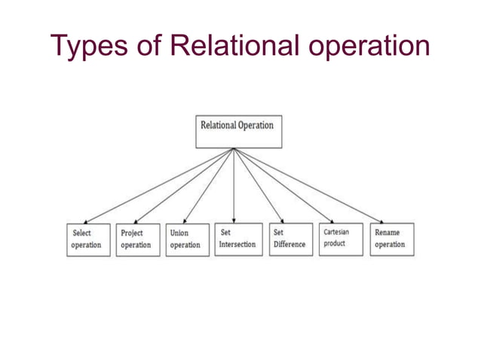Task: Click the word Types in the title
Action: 92,46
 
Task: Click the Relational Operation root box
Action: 238,130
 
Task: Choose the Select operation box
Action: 87,239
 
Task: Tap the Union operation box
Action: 186,239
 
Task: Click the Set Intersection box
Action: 237,239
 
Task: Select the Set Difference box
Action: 290,239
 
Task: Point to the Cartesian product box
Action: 340,239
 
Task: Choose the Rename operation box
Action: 391,239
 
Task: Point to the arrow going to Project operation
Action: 185,185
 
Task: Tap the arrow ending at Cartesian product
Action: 287,186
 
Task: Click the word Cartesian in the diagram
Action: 336,233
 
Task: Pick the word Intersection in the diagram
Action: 237,245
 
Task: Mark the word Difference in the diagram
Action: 290,245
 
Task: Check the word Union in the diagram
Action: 179,233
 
